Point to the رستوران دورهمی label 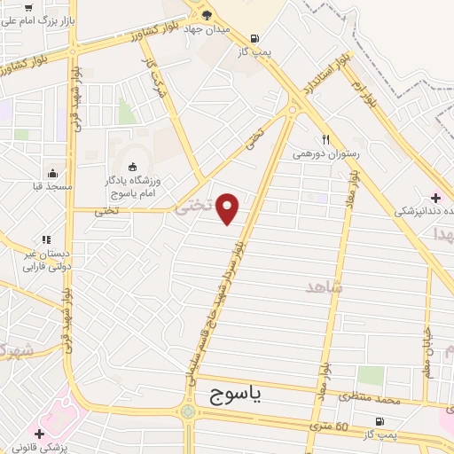pos(327,153)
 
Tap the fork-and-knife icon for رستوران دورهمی pos(327,138)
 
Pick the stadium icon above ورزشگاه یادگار pos(134,166)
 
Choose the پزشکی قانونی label pos(36,447)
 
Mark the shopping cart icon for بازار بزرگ pos(29,7)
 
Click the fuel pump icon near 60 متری pos(380,421)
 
